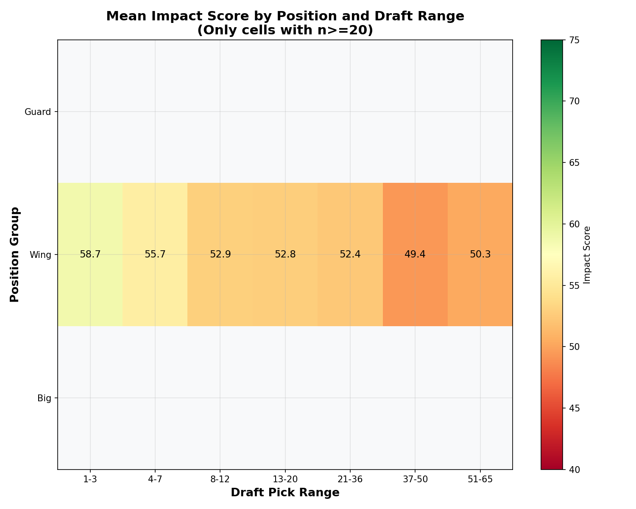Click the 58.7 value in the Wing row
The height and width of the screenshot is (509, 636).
[x=90, y=255]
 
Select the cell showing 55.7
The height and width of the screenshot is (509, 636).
[x=155, y=255]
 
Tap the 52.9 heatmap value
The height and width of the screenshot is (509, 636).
[x=220, y=255]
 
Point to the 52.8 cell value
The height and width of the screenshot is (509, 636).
[x=285, y=255]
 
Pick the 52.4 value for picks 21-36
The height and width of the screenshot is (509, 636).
[x=350, y=255]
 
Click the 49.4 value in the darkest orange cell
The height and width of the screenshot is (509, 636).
[x=415, y=255]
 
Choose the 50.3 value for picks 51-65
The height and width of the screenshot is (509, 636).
[x=480, y=255]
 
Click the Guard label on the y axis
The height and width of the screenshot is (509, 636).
[x=38, y=112]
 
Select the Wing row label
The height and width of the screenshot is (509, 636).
[x=40, y=255]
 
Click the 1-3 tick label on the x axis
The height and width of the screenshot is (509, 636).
[x=90, y=479]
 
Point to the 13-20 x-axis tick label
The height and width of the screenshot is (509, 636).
[x=285, y=479]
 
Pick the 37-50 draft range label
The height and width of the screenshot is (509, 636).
[x=415, y=479]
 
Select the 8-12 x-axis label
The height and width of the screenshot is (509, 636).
[x=220, y=479]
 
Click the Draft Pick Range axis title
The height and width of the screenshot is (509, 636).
[x=285, y=492]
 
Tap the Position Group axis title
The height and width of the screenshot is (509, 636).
[x=15, y=255]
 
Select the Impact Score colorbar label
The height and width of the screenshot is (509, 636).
[x=587, y=255]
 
